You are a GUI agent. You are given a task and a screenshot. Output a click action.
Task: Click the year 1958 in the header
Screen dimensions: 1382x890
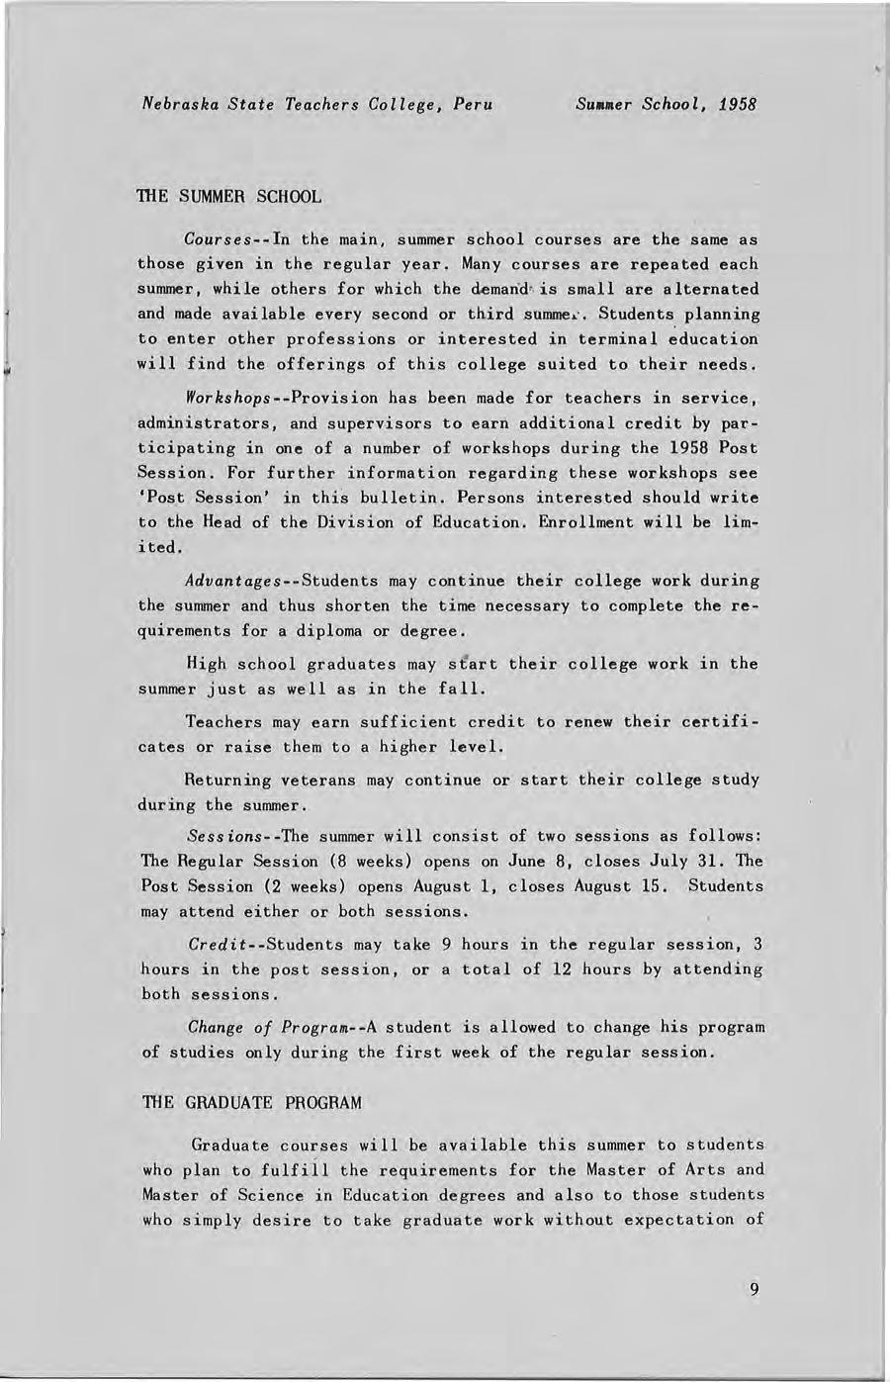(738, 103)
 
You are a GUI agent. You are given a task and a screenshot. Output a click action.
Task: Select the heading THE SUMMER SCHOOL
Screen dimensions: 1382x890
(228, 196)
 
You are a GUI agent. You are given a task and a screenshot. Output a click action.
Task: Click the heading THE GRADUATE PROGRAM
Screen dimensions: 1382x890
(252, 1102)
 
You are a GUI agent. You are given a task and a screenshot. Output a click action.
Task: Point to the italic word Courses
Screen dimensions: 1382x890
(221, 240)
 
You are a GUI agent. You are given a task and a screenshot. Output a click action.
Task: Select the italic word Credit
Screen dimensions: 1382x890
(217, 945)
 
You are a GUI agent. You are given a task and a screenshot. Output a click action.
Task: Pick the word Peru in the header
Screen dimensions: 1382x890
(472, 103)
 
